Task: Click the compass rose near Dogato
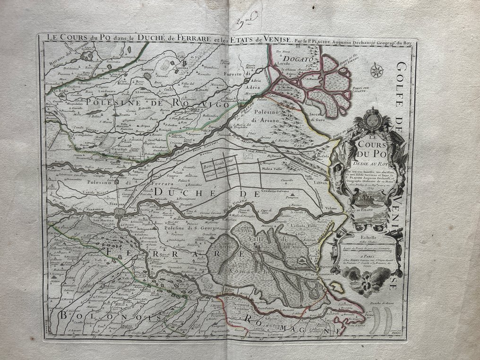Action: pyautogui.click(x=377, y=71)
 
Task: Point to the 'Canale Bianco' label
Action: pyautogui.click(x=80, y=186)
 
